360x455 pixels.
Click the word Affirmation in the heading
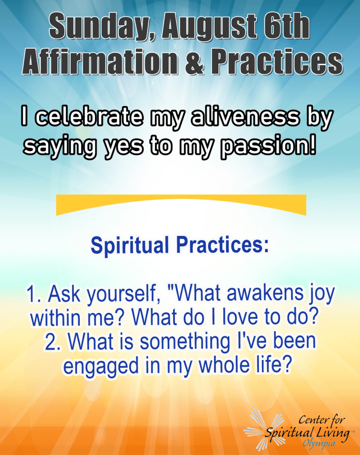(100, 61)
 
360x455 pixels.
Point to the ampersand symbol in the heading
(195, 61)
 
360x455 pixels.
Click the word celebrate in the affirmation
(89, 117)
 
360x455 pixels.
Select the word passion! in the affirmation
(268, 146)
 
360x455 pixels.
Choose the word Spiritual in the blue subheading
(130, 245)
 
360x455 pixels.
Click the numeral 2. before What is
(53, 342)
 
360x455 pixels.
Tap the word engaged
(101, 367)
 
